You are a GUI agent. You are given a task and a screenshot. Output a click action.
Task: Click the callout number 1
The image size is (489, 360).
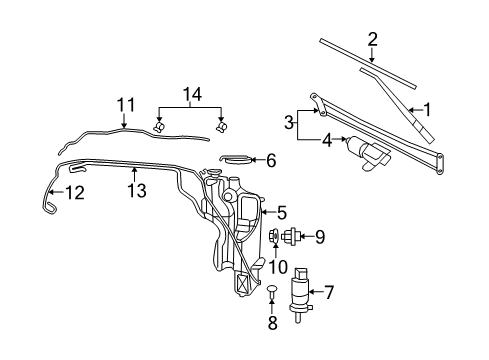pos(425,109)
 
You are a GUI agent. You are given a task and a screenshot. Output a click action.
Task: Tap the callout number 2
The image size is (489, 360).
pos(372,40)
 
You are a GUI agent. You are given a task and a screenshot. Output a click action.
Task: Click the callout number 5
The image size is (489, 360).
pos(281,212)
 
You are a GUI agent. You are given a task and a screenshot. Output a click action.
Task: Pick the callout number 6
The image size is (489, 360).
pos(270,158)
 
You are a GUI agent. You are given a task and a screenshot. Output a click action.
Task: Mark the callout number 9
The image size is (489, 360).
pos(320,237)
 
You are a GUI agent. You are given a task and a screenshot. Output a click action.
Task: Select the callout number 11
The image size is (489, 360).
pos(125,104)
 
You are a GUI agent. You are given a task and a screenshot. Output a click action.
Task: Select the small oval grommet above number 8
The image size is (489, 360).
pos(270,291)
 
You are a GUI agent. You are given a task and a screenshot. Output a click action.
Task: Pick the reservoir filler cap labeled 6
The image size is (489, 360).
pos(234,158)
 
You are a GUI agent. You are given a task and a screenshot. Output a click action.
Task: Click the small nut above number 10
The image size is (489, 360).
pos(276,237)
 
